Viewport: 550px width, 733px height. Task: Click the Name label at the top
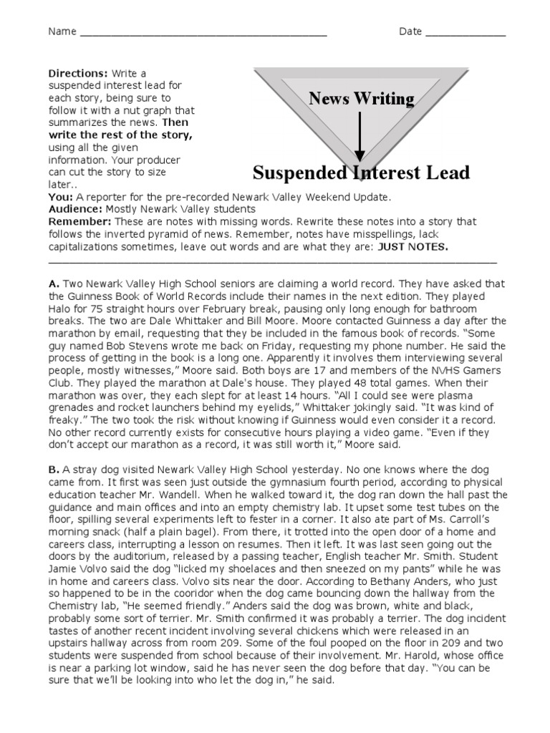62,32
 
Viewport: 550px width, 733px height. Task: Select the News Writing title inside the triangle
361,99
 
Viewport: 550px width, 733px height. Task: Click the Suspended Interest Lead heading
361,173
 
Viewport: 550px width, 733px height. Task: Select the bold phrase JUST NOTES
413,246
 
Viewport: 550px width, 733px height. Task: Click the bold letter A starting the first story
52,283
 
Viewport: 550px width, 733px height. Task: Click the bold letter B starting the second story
52,470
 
